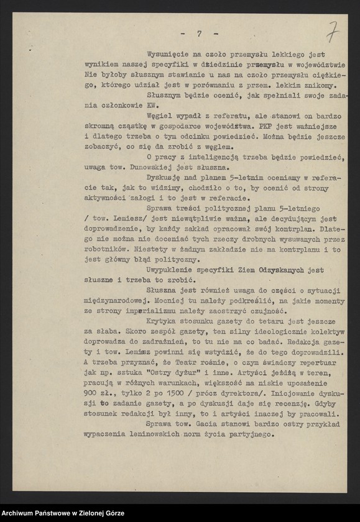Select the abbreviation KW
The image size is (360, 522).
coord(152,105)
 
